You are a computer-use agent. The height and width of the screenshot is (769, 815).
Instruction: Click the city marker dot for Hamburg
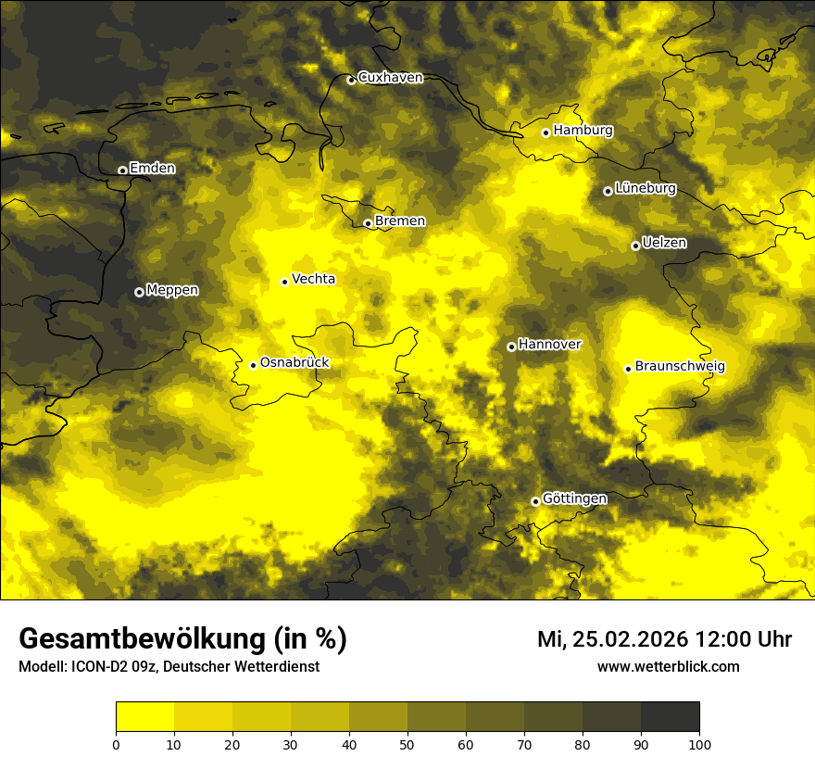point(546,132)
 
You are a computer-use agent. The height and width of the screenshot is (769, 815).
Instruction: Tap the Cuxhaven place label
point(390,78)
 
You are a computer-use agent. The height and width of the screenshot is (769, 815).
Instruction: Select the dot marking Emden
point(122,170)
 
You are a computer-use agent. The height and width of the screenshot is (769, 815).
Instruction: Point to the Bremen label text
point(400,221)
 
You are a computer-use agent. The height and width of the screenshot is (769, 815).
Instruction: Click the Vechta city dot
point(284,282)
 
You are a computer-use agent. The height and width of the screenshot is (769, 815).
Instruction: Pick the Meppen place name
point(172,291)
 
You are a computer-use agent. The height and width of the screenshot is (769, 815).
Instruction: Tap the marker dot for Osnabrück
point(253,365)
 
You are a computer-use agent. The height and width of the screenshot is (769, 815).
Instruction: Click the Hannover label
point(550,345)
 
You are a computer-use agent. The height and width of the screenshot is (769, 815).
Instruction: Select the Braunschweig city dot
point(628,369)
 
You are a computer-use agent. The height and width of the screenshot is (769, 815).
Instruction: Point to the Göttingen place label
point(575,499)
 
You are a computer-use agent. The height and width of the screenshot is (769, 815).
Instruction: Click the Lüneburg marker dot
point(608,191)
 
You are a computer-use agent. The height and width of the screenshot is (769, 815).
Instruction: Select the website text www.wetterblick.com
point(669,667)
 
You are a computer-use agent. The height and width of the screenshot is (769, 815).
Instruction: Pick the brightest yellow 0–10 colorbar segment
point(144,717)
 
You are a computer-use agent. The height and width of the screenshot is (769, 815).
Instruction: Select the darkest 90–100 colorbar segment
point(670,717)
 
